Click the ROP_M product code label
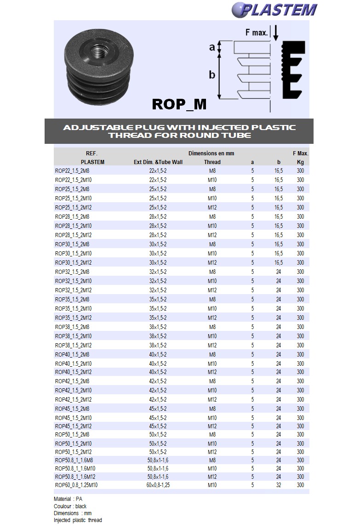[x=179, y=104]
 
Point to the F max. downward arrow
[x=275, y=33]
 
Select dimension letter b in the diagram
[x=212, y=74]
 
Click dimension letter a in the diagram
[x=212, y=46]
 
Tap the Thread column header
[x=212, y=162]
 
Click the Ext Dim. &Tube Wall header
[x=158, y=162]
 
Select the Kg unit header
[x=300, y=162]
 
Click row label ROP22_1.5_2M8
[x=72, y=170]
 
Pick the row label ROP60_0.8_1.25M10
[x=76, y=485]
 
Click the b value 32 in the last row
[x=278, y=485]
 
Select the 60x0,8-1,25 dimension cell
[x=158, y=485]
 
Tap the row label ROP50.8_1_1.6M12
[x=75, y=477]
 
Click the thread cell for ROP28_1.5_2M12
[x=212, y=235]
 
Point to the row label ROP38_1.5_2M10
[x=74, y=336]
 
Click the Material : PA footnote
[x=68, y=499]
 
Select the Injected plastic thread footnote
[x=78, y=520]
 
